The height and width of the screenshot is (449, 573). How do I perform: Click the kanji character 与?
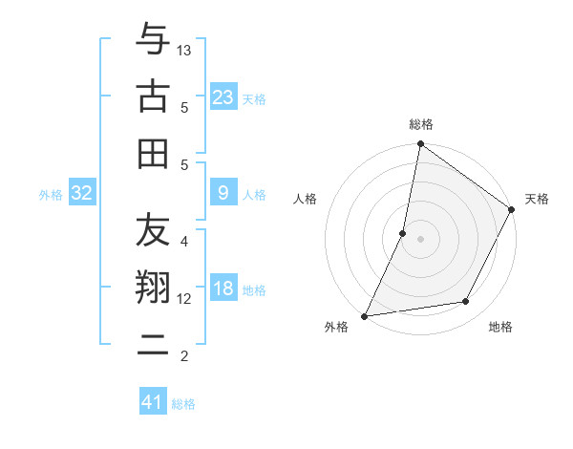(153, 40)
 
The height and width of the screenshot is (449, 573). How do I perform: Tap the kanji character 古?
(153, 96)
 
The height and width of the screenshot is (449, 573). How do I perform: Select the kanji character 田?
(153, 153)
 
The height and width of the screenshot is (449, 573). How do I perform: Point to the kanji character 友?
(153, 230)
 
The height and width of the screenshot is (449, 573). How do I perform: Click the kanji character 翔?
(153, 287)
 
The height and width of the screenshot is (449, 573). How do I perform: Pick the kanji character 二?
(153, 344)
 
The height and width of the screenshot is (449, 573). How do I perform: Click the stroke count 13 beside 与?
(184, 49)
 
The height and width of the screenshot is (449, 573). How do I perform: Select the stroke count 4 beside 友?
(184, 242)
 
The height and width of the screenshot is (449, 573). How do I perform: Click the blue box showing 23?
(223, 96)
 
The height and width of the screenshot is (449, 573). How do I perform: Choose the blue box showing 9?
(223, 193)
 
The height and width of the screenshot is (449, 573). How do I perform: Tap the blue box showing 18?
(223, 289)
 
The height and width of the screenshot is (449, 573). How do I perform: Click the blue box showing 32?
(82, 193)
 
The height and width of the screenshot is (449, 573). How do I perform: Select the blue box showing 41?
(153, 402)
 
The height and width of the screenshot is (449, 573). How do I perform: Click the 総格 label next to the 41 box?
(183, 404)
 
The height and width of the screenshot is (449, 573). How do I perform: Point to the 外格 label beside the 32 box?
(51, 195)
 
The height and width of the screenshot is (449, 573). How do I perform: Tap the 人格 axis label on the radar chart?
(306, 200)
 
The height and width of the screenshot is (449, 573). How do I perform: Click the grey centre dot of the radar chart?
(420, 239)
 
